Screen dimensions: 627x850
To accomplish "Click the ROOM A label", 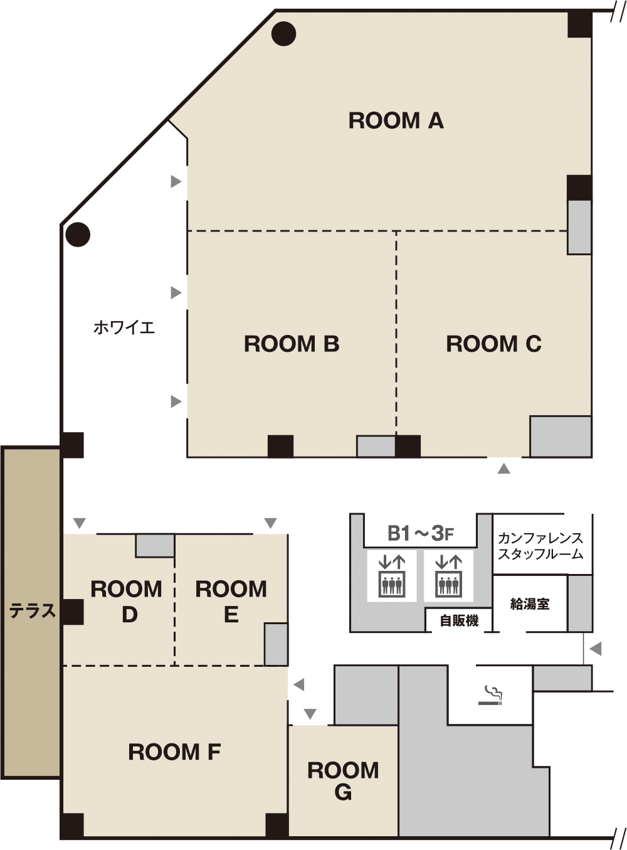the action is click(x=396, y=120).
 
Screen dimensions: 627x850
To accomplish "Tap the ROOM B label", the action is click(x=292, y=344).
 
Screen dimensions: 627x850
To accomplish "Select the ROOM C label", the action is click(x=493, y=344).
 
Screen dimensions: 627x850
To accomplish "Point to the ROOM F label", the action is click(x=174, y=752).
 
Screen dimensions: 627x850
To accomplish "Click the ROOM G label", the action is click(x=343, y=781).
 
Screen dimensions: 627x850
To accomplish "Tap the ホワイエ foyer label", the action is click(x=124, y=327).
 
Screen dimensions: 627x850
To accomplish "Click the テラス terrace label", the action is click(x=32, y=610).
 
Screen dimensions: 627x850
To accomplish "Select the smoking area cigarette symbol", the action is click(x=491, y=696).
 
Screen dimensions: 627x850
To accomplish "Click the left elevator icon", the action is click(x=391, y=576).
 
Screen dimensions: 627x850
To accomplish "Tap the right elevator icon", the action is click(x=448, y=576).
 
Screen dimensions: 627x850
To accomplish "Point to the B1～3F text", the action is click(x=421, y=533).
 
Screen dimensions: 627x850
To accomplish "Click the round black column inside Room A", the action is click(x=284, y=34).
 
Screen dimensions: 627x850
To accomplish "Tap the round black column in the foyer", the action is click(x=78, y=235).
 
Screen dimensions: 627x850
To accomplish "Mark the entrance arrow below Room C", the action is click(x=503, y=469).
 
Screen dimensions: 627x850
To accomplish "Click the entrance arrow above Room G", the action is click(x=310, y=714).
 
